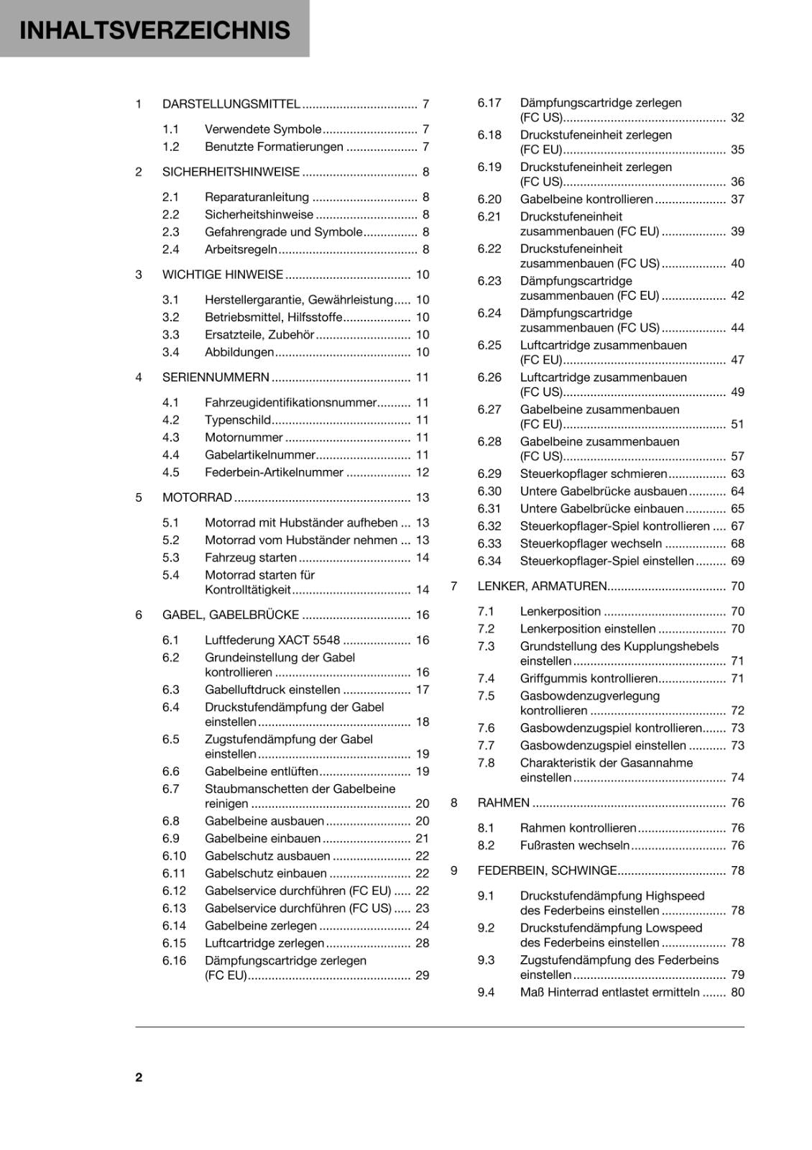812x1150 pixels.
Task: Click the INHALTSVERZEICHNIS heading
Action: [x=154, y=30]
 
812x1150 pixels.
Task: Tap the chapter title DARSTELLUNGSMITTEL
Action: [x=231, y=104]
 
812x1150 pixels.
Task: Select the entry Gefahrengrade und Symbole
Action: [x=283, y=232]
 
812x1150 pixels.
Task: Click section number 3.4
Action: [x=170, y=352]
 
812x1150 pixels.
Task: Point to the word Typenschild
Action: [x=237, y=420]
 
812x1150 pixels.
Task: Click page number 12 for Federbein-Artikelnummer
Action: [x=422, y=472]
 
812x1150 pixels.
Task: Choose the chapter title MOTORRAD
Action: [x=197, y=497]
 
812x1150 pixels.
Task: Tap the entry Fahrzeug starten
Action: [x=250, y=558]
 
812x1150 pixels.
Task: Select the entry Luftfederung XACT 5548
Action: [x=272, y=640]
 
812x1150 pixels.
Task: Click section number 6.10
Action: [x=174, y=856]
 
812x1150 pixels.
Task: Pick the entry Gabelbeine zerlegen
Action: [x=260, y=926]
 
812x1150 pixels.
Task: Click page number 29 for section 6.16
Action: [x=422, y=975]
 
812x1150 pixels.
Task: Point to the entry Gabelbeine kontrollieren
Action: [x=586, y=199]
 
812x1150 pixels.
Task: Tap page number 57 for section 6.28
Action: [x=737, y=456]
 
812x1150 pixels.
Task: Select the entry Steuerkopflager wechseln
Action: [x=591, y=543]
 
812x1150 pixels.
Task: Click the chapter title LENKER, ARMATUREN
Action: [x=542, y=586]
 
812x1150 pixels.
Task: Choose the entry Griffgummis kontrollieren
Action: [x=589, y=678]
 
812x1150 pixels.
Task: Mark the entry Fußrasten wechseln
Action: [x=574, y=845]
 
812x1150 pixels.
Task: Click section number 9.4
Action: [x=486, y=993]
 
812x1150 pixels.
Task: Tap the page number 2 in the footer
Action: [x=139, y=1077]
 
